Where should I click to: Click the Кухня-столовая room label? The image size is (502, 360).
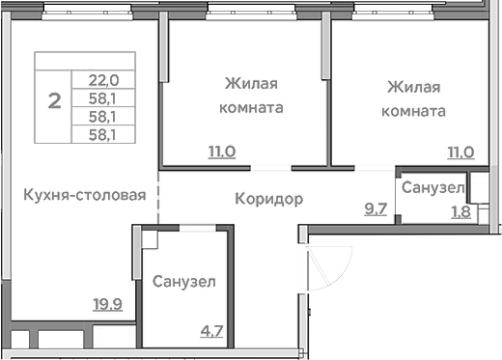pos(85,195)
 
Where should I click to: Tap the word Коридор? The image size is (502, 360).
pos(269,199)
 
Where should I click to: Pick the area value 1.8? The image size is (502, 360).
pos(460,212)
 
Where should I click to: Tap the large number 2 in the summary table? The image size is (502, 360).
pos(56,98)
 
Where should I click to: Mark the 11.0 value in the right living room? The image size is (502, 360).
pos(460,152)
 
